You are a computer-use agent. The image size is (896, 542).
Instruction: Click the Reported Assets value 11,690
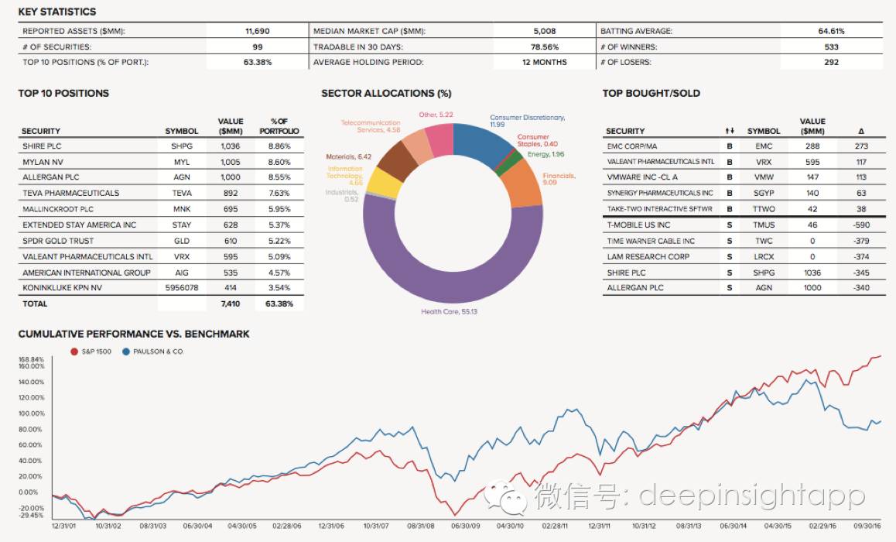[x=257, y=32]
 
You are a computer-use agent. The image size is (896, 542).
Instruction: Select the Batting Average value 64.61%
[x=831, y=32]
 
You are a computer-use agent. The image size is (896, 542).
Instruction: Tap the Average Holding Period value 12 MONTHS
[x=544, y=62]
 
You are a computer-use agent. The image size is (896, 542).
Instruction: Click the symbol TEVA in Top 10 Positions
[x=182, y=193]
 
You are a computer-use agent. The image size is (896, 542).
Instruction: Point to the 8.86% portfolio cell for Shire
[x=279, y=145]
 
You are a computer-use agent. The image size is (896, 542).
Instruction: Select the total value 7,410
[x=230, y=304]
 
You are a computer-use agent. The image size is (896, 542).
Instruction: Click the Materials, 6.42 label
[x=348, y=157]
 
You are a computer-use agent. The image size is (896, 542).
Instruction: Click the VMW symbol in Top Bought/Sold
[x=763, y=177]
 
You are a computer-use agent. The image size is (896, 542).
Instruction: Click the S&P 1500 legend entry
[x=91, y=352]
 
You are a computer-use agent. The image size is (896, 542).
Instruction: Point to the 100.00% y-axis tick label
[x=31, y=413]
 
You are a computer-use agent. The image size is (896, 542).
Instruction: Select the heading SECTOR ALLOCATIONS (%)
[x=385, y=93]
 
